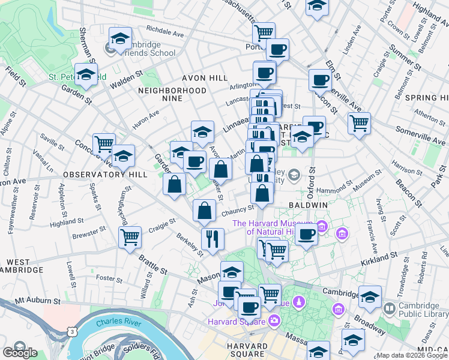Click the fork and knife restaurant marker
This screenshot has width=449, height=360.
click(x=211, y=239)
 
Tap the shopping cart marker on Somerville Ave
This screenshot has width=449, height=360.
click(x=358, y=124)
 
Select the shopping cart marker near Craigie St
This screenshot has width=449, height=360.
click(x=130, y=238)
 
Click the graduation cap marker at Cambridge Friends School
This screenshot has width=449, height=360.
click(x=120, y=39)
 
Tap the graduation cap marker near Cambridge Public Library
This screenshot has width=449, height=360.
click(x=370, y=296)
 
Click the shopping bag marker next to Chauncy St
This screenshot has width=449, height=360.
click(x=204, y=211)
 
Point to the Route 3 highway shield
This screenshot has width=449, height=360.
click(x=72, y=331)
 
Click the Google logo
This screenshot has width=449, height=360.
click(x=20, y=352)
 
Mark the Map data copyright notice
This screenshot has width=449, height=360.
click(x=412, y=355)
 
